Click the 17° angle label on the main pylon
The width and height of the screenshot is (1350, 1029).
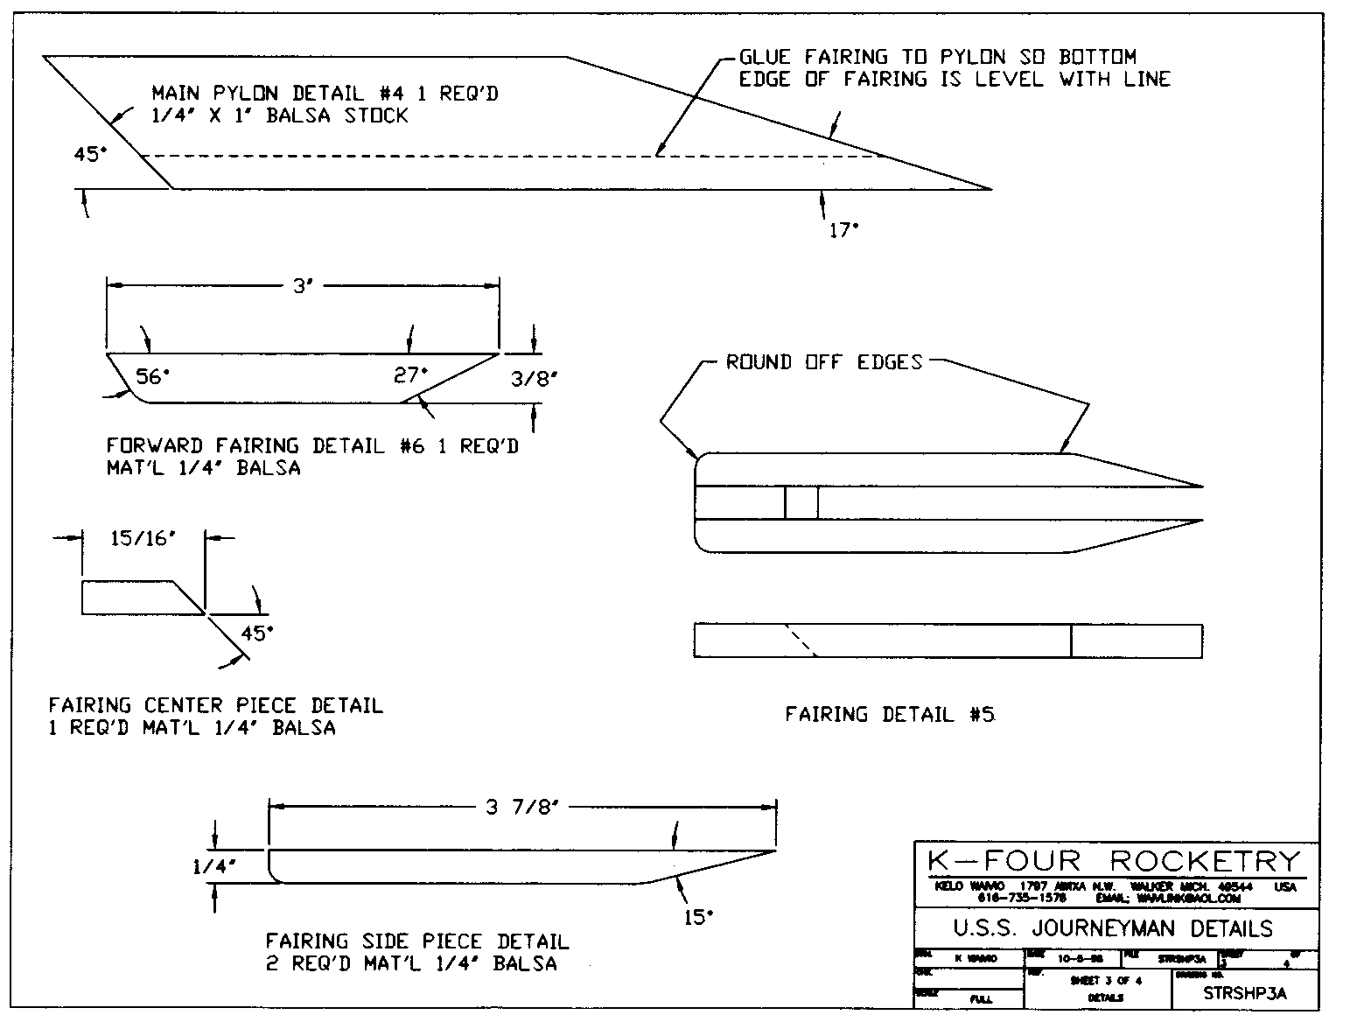[843, 231]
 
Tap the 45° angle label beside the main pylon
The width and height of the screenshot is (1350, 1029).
[90, 155]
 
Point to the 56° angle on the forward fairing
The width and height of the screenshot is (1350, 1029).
[152, 376]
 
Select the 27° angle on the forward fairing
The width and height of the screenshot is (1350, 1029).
[410, 375]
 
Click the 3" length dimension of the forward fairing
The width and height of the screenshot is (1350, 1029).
[302, 286]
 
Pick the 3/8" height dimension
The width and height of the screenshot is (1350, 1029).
[533, 378]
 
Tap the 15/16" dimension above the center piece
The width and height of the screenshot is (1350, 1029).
[143, 540]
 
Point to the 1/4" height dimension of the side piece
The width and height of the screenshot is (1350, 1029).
[215, 867]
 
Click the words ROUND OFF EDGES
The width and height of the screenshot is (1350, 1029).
[824, 362]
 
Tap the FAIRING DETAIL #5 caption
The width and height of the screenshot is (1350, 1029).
[889, 715]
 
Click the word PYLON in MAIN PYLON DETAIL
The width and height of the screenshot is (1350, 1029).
[248, 94]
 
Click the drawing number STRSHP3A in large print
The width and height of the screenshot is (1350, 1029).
[1245, 993]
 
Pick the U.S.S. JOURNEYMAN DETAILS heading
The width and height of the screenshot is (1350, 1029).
[1114, 927]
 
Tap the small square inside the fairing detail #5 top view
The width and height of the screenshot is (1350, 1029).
[801, 502]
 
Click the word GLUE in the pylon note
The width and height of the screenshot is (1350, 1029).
[765, 58]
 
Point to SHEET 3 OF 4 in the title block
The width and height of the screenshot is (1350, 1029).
[1106, 981]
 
